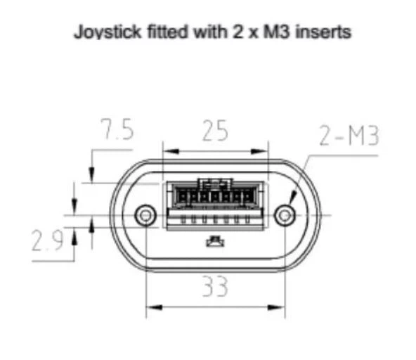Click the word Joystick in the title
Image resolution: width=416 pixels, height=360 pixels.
108,32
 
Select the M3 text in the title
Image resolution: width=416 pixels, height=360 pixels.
276,32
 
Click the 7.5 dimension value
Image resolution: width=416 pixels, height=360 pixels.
117,129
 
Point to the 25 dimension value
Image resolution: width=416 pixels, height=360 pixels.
215,130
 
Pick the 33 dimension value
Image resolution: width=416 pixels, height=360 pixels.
215,286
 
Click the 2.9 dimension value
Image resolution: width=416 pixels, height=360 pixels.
47,240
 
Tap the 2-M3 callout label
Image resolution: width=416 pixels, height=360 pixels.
349,136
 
